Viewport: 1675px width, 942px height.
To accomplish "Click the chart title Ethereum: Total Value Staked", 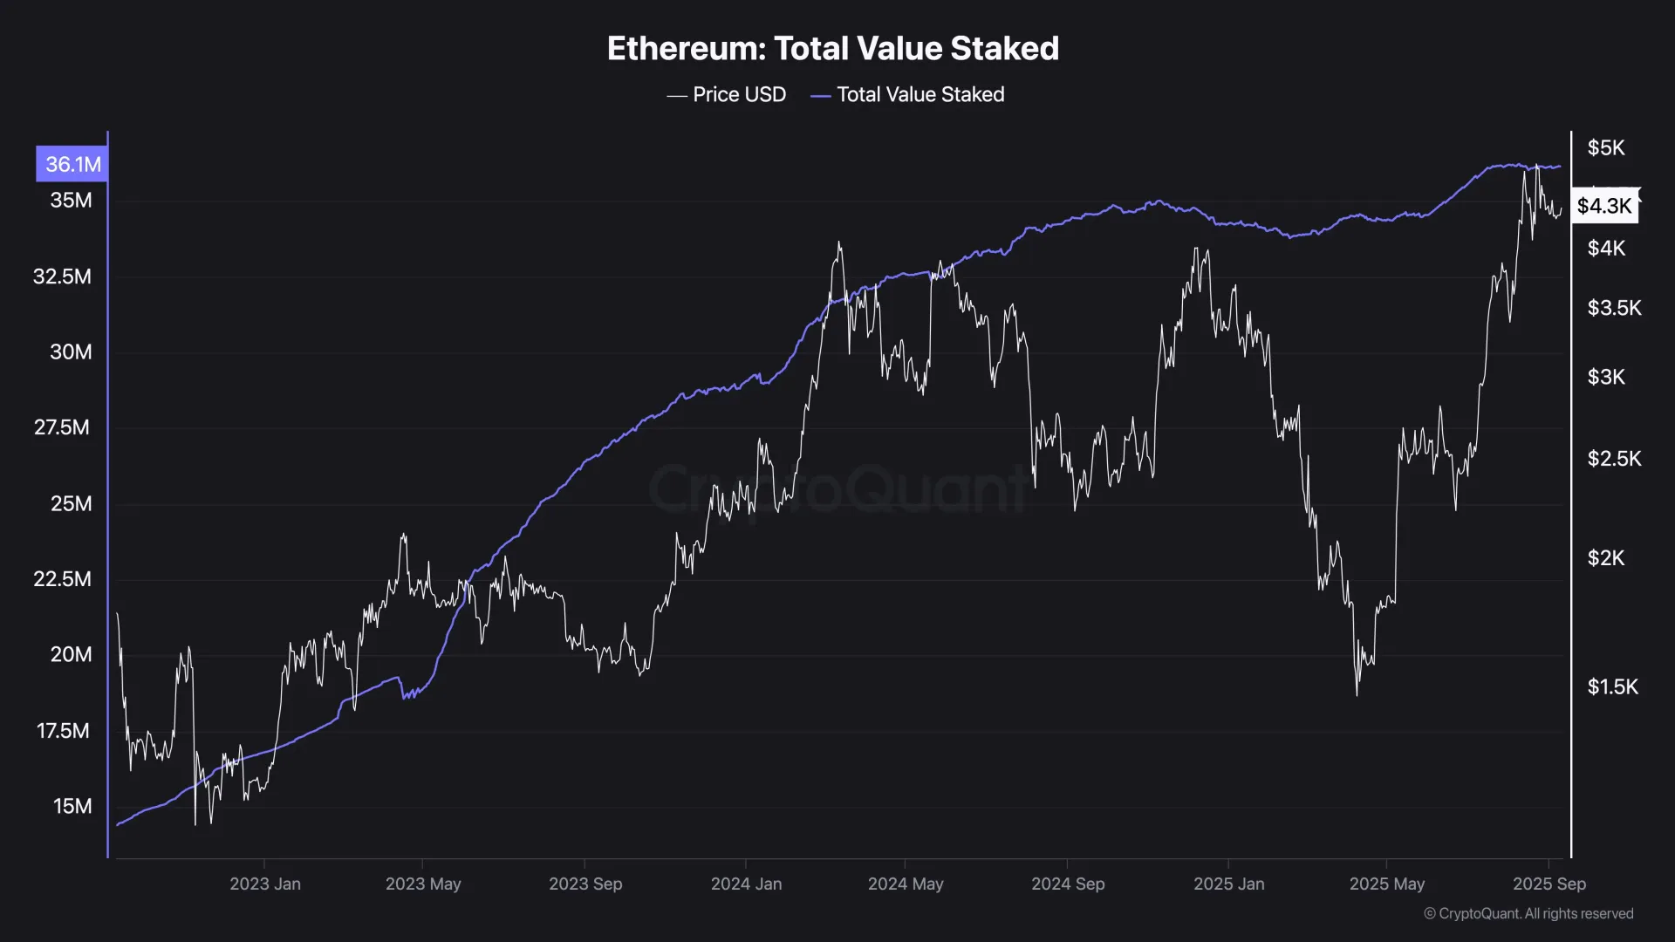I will tap(832, 49).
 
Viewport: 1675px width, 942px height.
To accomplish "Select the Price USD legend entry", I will tap(727, 94).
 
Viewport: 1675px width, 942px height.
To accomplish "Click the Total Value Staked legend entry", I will tap(908, 94).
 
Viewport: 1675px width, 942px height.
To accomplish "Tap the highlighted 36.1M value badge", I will tap(72, 164).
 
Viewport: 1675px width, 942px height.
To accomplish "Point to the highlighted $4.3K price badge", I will tap(1603, 206).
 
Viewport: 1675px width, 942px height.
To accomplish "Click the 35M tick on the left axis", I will tap(71, 200).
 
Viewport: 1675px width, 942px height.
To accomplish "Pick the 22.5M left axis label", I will tap(62, 578).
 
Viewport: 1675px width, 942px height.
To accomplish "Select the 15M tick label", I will tap(72, 806).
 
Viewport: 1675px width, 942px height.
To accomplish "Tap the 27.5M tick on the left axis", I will tap(62, 427).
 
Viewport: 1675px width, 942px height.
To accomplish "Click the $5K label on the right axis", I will tap(1606, 147).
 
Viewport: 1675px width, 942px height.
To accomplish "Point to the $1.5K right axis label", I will tap(1612, 686).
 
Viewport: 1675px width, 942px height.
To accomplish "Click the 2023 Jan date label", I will tap(265, 884).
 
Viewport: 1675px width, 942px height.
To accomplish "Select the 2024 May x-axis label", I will tap(906, 884).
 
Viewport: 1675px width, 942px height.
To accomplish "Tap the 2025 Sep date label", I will tap(1549, 884).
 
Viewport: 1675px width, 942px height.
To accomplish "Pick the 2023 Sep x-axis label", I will tap(585, 884).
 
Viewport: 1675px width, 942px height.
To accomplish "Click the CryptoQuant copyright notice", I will tap(1528, 913).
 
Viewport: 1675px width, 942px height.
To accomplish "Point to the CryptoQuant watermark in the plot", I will tap(837, 488).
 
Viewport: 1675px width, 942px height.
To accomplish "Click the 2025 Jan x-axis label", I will tap(1228, 884).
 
